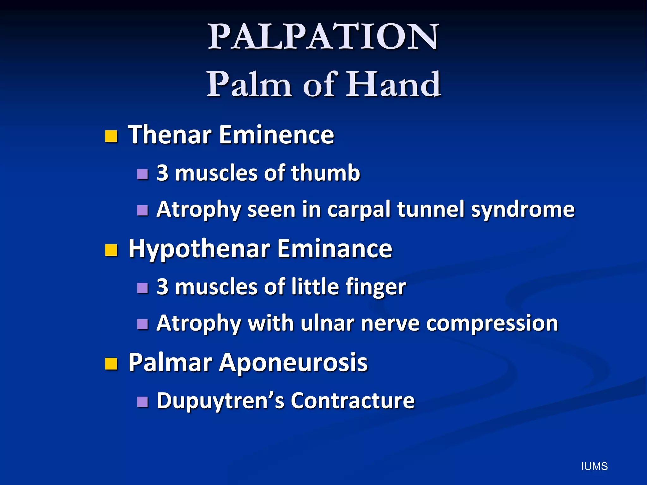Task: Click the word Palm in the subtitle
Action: [x=249, y=84]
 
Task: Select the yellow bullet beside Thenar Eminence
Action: [x=111, y=136]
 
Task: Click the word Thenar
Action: [x=170, y=135]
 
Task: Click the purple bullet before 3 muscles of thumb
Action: [x=143, y=174]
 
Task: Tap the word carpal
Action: [x=359, y=210]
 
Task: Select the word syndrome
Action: [x=523, y=210]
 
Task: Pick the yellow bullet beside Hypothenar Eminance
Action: [x=111, y=250]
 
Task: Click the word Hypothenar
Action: [x=199, y=249]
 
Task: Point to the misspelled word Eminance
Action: [x=335, y=249]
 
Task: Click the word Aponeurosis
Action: [x=293, y=362]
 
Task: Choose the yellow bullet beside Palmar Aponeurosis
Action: [x=111, y=364]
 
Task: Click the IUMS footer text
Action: [x=594, y=466]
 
